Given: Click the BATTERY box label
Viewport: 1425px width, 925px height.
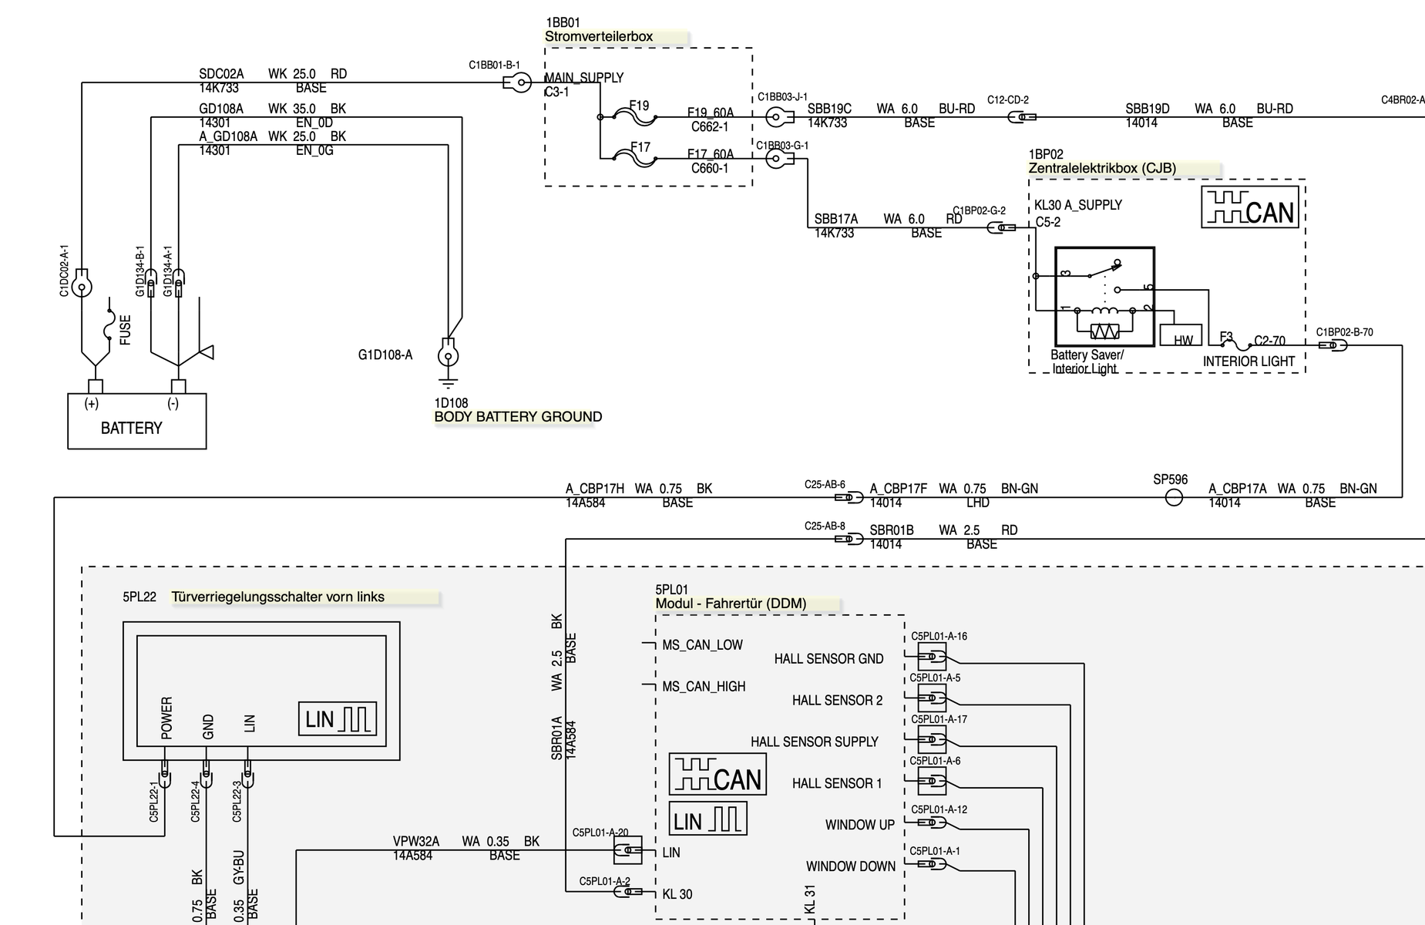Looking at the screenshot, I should (x=132, y=429).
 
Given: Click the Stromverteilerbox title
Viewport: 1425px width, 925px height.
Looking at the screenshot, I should (x=599, y=36).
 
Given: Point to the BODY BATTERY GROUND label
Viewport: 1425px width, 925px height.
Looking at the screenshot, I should (x=518, y=417).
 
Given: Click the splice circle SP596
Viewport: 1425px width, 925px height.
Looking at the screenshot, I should (x=1173, y=498).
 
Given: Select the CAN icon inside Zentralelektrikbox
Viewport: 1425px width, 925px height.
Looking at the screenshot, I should (x=1249, y=208).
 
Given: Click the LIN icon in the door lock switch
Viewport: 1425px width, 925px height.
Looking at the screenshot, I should (x=338, y=718).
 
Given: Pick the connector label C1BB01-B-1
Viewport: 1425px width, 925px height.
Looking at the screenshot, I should (x=494, y=66).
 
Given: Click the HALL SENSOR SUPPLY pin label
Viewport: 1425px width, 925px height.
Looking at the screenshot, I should (x=814, y=742).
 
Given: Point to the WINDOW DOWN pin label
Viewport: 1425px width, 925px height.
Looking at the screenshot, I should (x=850, y=866).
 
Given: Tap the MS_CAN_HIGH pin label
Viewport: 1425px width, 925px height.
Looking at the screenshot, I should (x=704, y=686).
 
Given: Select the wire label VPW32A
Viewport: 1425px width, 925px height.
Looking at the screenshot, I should (x=416, y=842).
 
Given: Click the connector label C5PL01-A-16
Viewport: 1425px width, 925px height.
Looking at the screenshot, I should (x=939, y=637).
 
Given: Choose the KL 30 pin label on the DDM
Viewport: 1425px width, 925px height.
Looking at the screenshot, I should (x=677, y=894).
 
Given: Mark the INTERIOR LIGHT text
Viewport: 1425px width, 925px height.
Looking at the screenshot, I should (x=1249, y=362).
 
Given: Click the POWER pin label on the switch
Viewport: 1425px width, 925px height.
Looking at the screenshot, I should (x=167, y=718).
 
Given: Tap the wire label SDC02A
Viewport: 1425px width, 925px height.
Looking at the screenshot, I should (x=221, y=74).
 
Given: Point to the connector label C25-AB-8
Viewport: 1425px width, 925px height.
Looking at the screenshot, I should (x=825, y=526).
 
